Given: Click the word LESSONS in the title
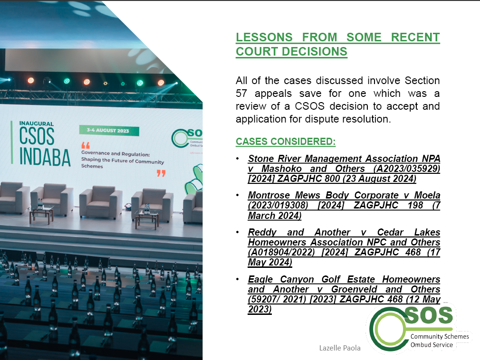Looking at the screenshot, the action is pos(264,38).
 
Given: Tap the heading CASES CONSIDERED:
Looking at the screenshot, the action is pos(286,142).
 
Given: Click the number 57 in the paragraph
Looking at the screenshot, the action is pos(241,93).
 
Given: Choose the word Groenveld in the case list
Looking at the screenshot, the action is pos(354,289).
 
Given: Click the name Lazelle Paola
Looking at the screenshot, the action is pos(340,348).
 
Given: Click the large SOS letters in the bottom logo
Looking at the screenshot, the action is pos(429,315).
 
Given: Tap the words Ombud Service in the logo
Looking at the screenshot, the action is pos(432,345).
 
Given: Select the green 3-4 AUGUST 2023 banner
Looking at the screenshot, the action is pos(109,131).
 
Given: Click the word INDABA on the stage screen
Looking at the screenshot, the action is pos(45,158).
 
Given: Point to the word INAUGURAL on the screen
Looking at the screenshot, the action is pos(37,123).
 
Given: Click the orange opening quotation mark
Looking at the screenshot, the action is pos(86,145).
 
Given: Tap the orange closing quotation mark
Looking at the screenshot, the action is pos(161,173).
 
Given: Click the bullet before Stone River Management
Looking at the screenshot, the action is pos(238,159).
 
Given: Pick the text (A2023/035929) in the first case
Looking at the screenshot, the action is pos(407,169).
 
